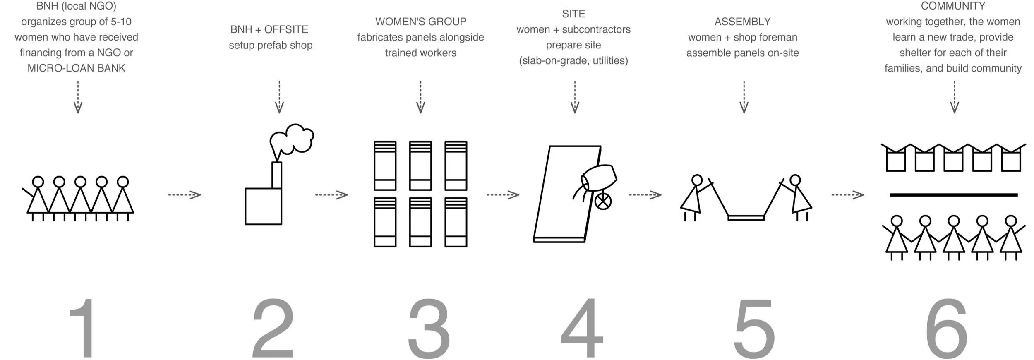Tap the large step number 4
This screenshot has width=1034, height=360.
coord(581,329)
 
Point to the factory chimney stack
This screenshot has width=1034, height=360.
coord(277,175)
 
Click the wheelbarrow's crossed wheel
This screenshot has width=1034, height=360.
coord(603,202)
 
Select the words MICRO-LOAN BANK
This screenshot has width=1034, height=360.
coord(76,68)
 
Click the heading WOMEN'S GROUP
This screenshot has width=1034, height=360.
coord(420,22)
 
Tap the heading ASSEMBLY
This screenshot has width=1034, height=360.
coord(742,22)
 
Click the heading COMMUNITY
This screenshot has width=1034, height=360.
coord(952,6)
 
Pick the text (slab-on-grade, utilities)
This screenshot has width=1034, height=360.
coord(573,61)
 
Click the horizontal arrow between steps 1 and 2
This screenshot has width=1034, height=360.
coord(185,194)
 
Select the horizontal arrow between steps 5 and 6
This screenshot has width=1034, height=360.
coord(848,194)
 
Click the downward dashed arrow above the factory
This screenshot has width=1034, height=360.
coord(279,97)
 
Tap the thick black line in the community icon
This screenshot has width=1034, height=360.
coord(953,194)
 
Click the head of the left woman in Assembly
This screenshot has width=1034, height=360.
coord(697,180)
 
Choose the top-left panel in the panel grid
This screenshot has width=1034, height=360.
coord(385,166)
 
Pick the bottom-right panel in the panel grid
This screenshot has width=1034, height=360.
coord(456,222)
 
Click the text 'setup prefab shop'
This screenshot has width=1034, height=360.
coord(271,45)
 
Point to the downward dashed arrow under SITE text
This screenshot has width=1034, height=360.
coord(574,97)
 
